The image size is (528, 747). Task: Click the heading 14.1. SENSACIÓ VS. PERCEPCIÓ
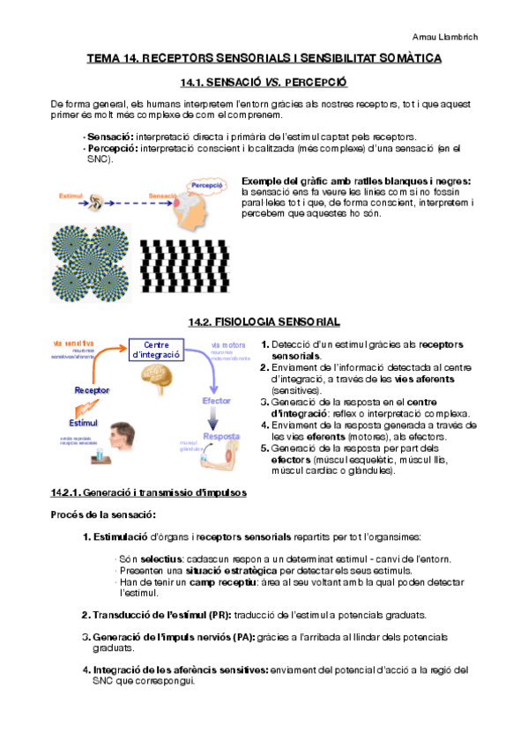(264, 82)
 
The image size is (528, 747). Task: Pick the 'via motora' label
(228, 344)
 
